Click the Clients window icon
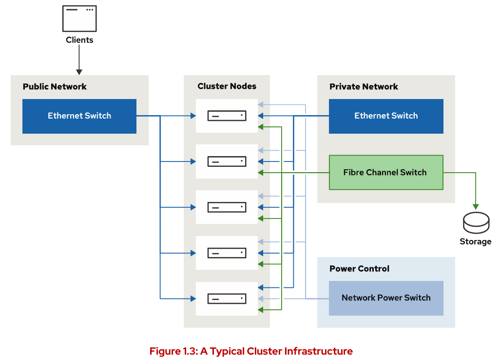[x=79, y=19]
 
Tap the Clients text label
[x=79, y=40]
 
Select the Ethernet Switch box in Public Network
[x=79, y=116]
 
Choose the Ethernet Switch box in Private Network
[x=386, y=116]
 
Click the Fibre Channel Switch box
[x=386, y=172]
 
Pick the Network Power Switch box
[x=386, y=298]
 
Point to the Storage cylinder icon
[x=476, y=222]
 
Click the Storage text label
[x=476, y=241]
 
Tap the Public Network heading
[x=55, y=86]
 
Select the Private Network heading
[x=364, y=86]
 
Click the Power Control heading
[x=359, y=269]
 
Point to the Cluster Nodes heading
[x=227, y=86]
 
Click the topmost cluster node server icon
[x=227, y=116]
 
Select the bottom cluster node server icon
[x=227, y=299]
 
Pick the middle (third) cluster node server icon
[x=227, y=207]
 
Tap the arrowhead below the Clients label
[x=79, y=72]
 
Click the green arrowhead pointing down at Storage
[x=476, y=207]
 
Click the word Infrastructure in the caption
[x=319, y=351]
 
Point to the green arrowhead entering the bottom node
[x=261, y=310]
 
